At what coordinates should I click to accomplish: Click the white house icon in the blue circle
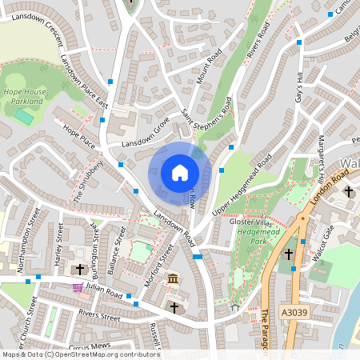(180, 172)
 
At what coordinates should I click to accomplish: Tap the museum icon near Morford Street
(174, 278)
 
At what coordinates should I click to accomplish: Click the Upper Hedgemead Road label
(243, 184)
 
